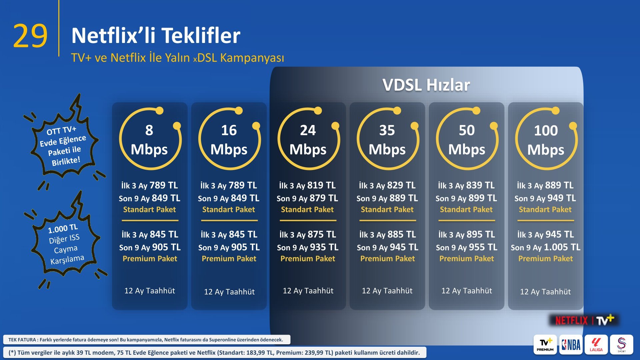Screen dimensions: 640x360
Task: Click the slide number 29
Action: (30, 36)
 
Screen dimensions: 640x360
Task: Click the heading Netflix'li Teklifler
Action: (156, 35)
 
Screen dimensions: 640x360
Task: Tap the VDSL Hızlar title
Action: (426, 85)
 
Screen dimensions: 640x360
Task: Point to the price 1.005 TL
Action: (562, 247)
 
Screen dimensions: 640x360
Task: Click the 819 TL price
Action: (321, 185)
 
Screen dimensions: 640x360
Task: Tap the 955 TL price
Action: (483, 247)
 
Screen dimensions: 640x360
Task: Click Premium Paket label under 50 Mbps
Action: (466, 258)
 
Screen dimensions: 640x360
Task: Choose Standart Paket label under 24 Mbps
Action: (307, 209)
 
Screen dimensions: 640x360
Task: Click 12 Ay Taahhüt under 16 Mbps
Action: (229, 292)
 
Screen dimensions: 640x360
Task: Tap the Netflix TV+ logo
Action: (584, 320)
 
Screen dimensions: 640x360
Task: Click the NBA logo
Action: (571, 344)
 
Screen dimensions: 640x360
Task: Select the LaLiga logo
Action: (596, 344)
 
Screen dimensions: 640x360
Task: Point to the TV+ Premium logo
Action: (545, 344)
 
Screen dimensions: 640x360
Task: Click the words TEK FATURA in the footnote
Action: (22, 340)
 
